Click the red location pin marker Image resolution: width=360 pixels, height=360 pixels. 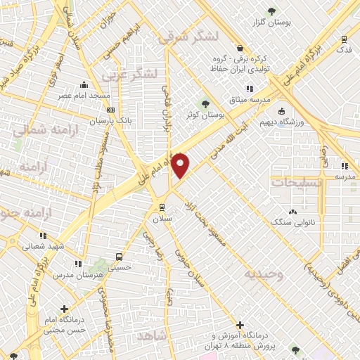pos(181,165)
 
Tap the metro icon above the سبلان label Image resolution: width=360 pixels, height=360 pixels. pos(162,207)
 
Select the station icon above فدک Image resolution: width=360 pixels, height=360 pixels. pos(344,39)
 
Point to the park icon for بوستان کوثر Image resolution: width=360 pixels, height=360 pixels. pos(206,103)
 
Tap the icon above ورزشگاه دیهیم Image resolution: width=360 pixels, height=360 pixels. pos(281,110)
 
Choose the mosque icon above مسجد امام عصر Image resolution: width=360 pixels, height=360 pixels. pos(84,84)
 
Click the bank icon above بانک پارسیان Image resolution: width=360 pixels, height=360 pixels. pos(110,110)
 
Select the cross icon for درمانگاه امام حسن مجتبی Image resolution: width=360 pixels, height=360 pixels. pos(64,308)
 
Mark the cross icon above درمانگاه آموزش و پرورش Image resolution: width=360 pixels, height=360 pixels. pos(241,326)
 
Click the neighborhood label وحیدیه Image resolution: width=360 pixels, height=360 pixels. pos(264,274)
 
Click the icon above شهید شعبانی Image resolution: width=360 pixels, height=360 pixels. pos(43,236)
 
